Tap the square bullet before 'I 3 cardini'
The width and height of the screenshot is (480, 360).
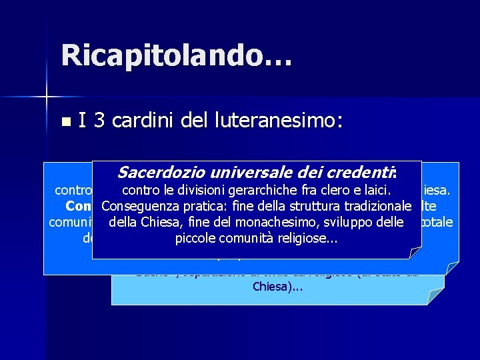65,122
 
